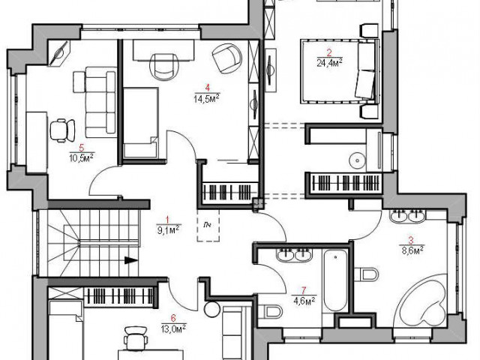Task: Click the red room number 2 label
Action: click(x=329, y=53)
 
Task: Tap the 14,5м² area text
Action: click(x=207, y=99)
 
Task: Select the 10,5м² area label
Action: click(x=82, y=158)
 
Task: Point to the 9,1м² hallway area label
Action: click(x=168, y=229)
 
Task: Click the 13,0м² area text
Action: click(x=173, y=328)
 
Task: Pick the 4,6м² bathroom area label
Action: click(x=304, y=301)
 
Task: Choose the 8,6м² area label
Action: click(x=412, y=250)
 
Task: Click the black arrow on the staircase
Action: click(x=131, y=260)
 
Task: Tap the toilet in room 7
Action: click(x=270, y=312)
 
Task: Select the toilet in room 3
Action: click(x=367, y=274)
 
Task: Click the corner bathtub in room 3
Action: click(x=423, y=301)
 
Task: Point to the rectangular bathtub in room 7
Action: click(x=335, y=280)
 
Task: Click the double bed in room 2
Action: click(x=340, y=71)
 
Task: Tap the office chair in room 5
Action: click(x=62, y=130)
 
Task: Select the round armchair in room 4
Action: click(x=226, y=58)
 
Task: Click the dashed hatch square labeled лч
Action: click(x=208, y=225)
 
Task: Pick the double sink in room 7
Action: click(x=295, y=255)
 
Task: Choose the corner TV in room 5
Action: click(x=60, y=53)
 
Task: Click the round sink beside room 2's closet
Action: click(x=357, y=160)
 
